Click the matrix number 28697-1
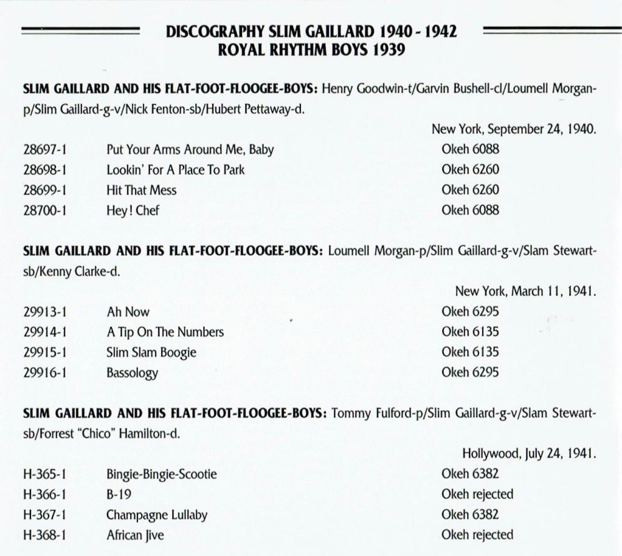coord(44,149)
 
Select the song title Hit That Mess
coord(141,190)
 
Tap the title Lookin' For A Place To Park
coord(175,170)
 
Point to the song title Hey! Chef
coord(133,210)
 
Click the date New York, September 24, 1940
coord(514,130)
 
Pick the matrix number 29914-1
coord(44,332)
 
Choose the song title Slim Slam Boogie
coord(151,352)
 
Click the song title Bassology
coord(132,373)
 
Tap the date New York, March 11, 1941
coord(526,291)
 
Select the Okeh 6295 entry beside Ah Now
coord(470,311)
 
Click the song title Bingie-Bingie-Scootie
coord(162,474)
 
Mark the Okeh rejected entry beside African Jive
coord(477,535)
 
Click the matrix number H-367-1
coord(44,515)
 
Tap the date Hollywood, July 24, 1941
coord(529,454)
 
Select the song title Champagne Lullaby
coord(157,515)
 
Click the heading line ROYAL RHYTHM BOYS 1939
coord(311,50)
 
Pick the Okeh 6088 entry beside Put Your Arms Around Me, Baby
coord(470,149)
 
